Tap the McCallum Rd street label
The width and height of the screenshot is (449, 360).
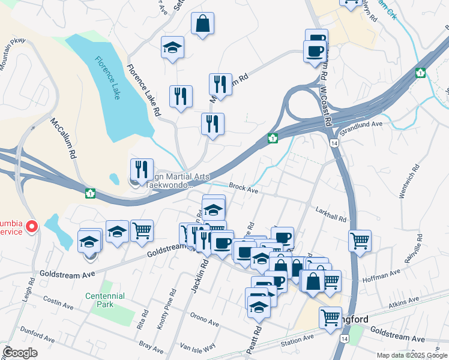pyautogui.click(x=62, y=137)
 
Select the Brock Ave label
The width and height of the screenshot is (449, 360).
pyautogui.click(x=243, y=188)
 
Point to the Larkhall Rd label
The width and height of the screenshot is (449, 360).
pyautogui.click(x=331, y=214)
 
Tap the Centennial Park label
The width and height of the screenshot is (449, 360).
pyautogui.click(x=105, y=300)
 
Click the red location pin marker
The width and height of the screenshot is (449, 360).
pyautogui.click(x=32, y=226)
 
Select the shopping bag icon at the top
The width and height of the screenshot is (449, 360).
pyautogui.click(x=203, y=25)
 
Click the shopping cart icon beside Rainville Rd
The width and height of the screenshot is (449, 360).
pyautogui.click(x=360, y=241)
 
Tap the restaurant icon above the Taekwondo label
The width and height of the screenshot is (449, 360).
pyautogui.click(x=142, y=170)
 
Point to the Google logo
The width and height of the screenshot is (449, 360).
pyautogui.click(x=20, y=352)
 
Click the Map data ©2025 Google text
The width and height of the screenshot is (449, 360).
pyautogui.click(x=411, y=355)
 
